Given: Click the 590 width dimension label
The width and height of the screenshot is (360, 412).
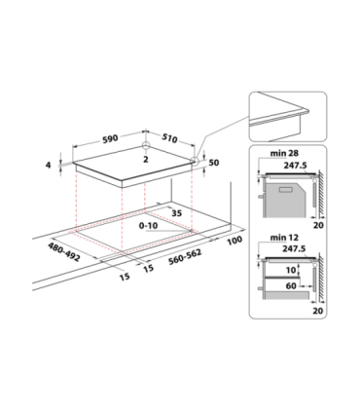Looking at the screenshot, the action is [x=110, y=139].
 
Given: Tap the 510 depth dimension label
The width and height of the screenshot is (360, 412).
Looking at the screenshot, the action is [x=169, y=138].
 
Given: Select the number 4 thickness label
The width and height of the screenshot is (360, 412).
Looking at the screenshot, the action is [x=49, y=165].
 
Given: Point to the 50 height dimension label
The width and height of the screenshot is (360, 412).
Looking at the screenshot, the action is [x=214, y=163].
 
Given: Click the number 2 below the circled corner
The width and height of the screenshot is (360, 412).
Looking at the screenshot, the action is [x=145, y=159].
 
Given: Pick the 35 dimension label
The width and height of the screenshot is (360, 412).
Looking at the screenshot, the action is [x=177, y=213].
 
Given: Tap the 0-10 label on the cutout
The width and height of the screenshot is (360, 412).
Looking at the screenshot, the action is [x=148, y=225].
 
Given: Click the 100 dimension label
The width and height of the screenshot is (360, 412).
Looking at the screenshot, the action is [x=234, y=241].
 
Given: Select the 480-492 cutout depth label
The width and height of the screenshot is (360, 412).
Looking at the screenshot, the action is [x=64, y=252].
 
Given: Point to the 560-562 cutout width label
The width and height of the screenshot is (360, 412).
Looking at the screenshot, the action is [x=185, y=257].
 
